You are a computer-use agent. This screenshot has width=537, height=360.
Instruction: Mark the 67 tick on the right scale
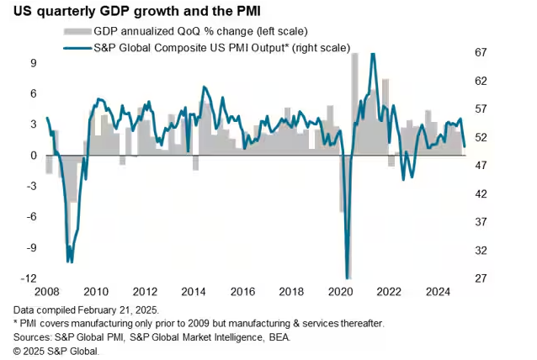480,52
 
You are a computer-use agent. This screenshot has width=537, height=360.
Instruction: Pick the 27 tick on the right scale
480,278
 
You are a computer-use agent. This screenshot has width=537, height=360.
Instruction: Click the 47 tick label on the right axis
480,166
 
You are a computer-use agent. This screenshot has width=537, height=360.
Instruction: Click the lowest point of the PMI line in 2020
348,278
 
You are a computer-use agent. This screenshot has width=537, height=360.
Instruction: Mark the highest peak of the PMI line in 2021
373,54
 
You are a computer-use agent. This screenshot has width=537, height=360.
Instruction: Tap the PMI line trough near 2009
71,262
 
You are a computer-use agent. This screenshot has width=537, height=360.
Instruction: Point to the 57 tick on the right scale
480,109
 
